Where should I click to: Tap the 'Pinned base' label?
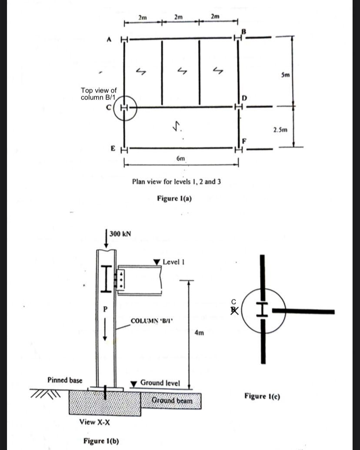[64, 380]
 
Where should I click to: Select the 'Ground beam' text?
[172, 400]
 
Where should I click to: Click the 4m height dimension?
[200, 333]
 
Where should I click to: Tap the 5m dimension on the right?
[285, 75]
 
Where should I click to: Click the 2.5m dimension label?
[280, 129]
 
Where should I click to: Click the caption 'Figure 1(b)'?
[101, 441]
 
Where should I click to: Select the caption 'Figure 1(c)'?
[262, 396]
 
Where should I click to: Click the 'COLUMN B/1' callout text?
[151, 321]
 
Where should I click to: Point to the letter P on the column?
[103, 309]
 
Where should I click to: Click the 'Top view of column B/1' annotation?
[98, 93]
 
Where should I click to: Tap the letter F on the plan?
[244, 141]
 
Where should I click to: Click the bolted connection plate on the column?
[120, 279]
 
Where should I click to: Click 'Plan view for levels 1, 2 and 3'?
[176, 182]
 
